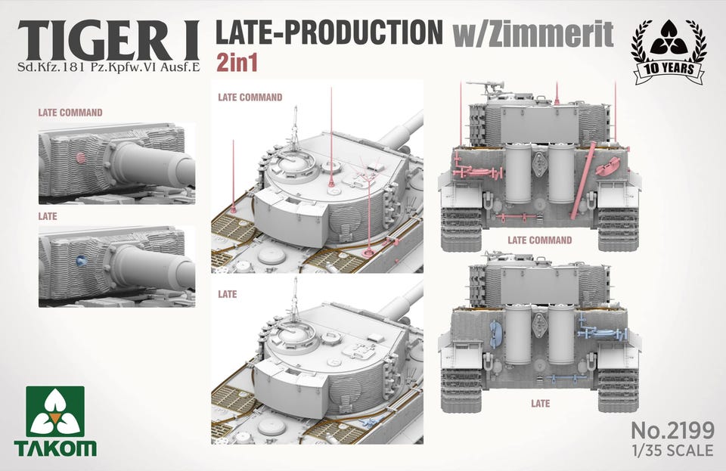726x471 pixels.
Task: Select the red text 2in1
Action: (x=237, y=64)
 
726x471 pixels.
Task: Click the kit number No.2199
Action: (x=673, y=431)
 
